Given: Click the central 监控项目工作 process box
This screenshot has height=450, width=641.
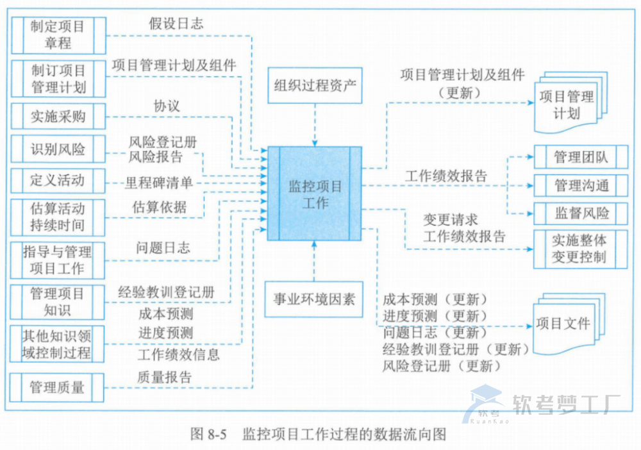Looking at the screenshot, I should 314,194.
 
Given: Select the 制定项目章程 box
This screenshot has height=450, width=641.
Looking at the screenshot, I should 58,35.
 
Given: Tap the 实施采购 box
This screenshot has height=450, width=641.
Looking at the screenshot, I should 58,117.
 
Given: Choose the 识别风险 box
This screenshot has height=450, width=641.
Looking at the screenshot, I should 58,150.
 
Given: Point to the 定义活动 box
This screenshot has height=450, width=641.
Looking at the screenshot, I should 58,180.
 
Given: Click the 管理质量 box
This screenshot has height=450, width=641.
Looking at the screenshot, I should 58,387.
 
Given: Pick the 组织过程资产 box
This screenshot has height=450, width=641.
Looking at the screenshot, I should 314,86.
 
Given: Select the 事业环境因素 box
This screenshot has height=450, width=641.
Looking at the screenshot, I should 314,299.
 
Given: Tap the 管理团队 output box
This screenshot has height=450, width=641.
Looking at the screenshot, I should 581,157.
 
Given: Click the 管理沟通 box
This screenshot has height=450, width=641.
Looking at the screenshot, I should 581,186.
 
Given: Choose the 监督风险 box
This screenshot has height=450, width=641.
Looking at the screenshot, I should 581,213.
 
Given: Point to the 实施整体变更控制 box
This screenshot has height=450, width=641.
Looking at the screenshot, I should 581,249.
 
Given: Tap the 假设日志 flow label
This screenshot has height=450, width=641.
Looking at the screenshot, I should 176,24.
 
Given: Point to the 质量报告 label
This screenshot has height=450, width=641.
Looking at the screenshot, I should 164,377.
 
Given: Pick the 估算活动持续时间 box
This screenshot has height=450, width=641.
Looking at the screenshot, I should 58,217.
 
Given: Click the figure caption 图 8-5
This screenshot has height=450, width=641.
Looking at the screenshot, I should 210,434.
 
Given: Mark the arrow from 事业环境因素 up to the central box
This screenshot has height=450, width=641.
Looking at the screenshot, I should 314,260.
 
